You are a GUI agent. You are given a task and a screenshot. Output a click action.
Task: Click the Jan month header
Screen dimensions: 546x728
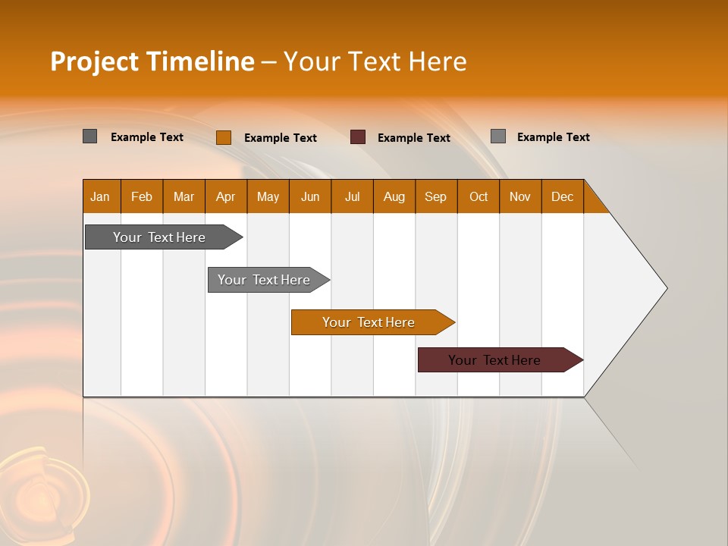[x=100, y=196]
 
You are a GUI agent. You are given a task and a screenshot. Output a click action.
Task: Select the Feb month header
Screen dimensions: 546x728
[x=142, y=196]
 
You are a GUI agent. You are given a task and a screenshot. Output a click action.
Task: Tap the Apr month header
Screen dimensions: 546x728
[x=225, y=196]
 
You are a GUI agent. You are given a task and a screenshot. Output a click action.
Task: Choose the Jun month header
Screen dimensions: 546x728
[x=309, y=196]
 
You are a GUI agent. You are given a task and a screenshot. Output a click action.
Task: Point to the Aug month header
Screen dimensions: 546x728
[x=394, y=196]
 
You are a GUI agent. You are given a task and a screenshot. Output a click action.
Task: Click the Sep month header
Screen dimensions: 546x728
[x=435, y=196]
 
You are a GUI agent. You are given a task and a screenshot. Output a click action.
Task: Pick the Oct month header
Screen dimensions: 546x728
[x=478, y=196]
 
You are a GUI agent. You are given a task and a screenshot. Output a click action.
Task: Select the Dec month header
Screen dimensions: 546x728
[x=562, y=196]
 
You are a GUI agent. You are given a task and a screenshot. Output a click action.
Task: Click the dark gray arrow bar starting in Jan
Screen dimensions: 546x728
[x=159, y=237]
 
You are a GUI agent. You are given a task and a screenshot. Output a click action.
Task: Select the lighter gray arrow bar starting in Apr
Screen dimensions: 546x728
[x=264, y=280]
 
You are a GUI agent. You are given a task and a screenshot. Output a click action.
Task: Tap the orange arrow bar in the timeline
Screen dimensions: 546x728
[x=369, y=322]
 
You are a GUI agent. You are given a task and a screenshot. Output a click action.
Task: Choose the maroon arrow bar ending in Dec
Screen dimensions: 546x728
[x=494, y=360]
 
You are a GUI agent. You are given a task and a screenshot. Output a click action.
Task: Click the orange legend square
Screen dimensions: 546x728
[x=223, y=137]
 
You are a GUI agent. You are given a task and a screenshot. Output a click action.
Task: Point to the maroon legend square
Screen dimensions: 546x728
[x=358, y=137]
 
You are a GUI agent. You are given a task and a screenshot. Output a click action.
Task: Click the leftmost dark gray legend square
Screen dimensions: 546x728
[x=89, y=136]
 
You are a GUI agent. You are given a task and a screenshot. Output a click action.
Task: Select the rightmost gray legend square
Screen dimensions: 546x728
[x=497, y=136]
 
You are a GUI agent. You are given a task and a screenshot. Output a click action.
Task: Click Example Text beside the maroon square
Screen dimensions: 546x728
[x=413, y=137]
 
